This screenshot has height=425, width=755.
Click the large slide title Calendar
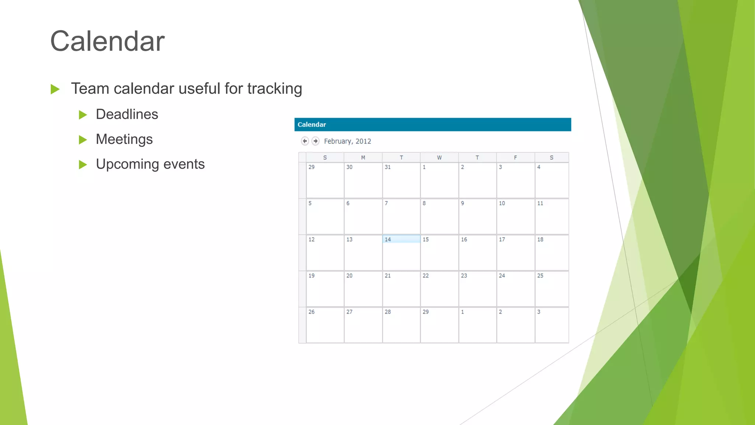[107, 41]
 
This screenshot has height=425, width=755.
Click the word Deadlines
[127, 114]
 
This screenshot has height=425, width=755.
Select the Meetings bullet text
[124, 139]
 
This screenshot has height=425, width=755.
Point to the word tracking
[275, 89]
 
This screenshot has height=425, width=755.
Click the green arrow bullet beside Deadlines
[83, 115]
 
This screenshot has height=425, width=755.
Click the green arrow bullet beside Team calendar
[55, 89]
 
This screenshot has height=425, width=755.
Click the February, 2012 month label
[347, 141]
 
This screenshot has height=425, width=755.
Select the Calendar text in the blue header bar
[312, 125]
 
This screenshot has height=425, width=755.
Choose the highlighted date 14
[388, 239]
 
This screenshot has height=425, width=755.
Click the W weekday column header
[439, 158]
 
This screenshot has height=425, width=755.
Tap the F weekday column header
[515, 158]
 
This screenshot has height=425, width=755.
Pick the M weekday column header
[363, 158]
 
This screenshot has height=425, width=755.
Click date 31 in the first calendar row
[388, 167]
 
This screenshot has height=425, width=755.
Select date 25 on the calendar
[540, 276]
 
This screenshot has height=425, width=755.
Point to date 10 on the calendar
[502, 203]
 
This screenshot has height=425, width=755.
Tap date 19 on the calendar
[312, 276]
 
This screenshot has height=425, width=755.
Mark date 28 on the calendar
[388, 312]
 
